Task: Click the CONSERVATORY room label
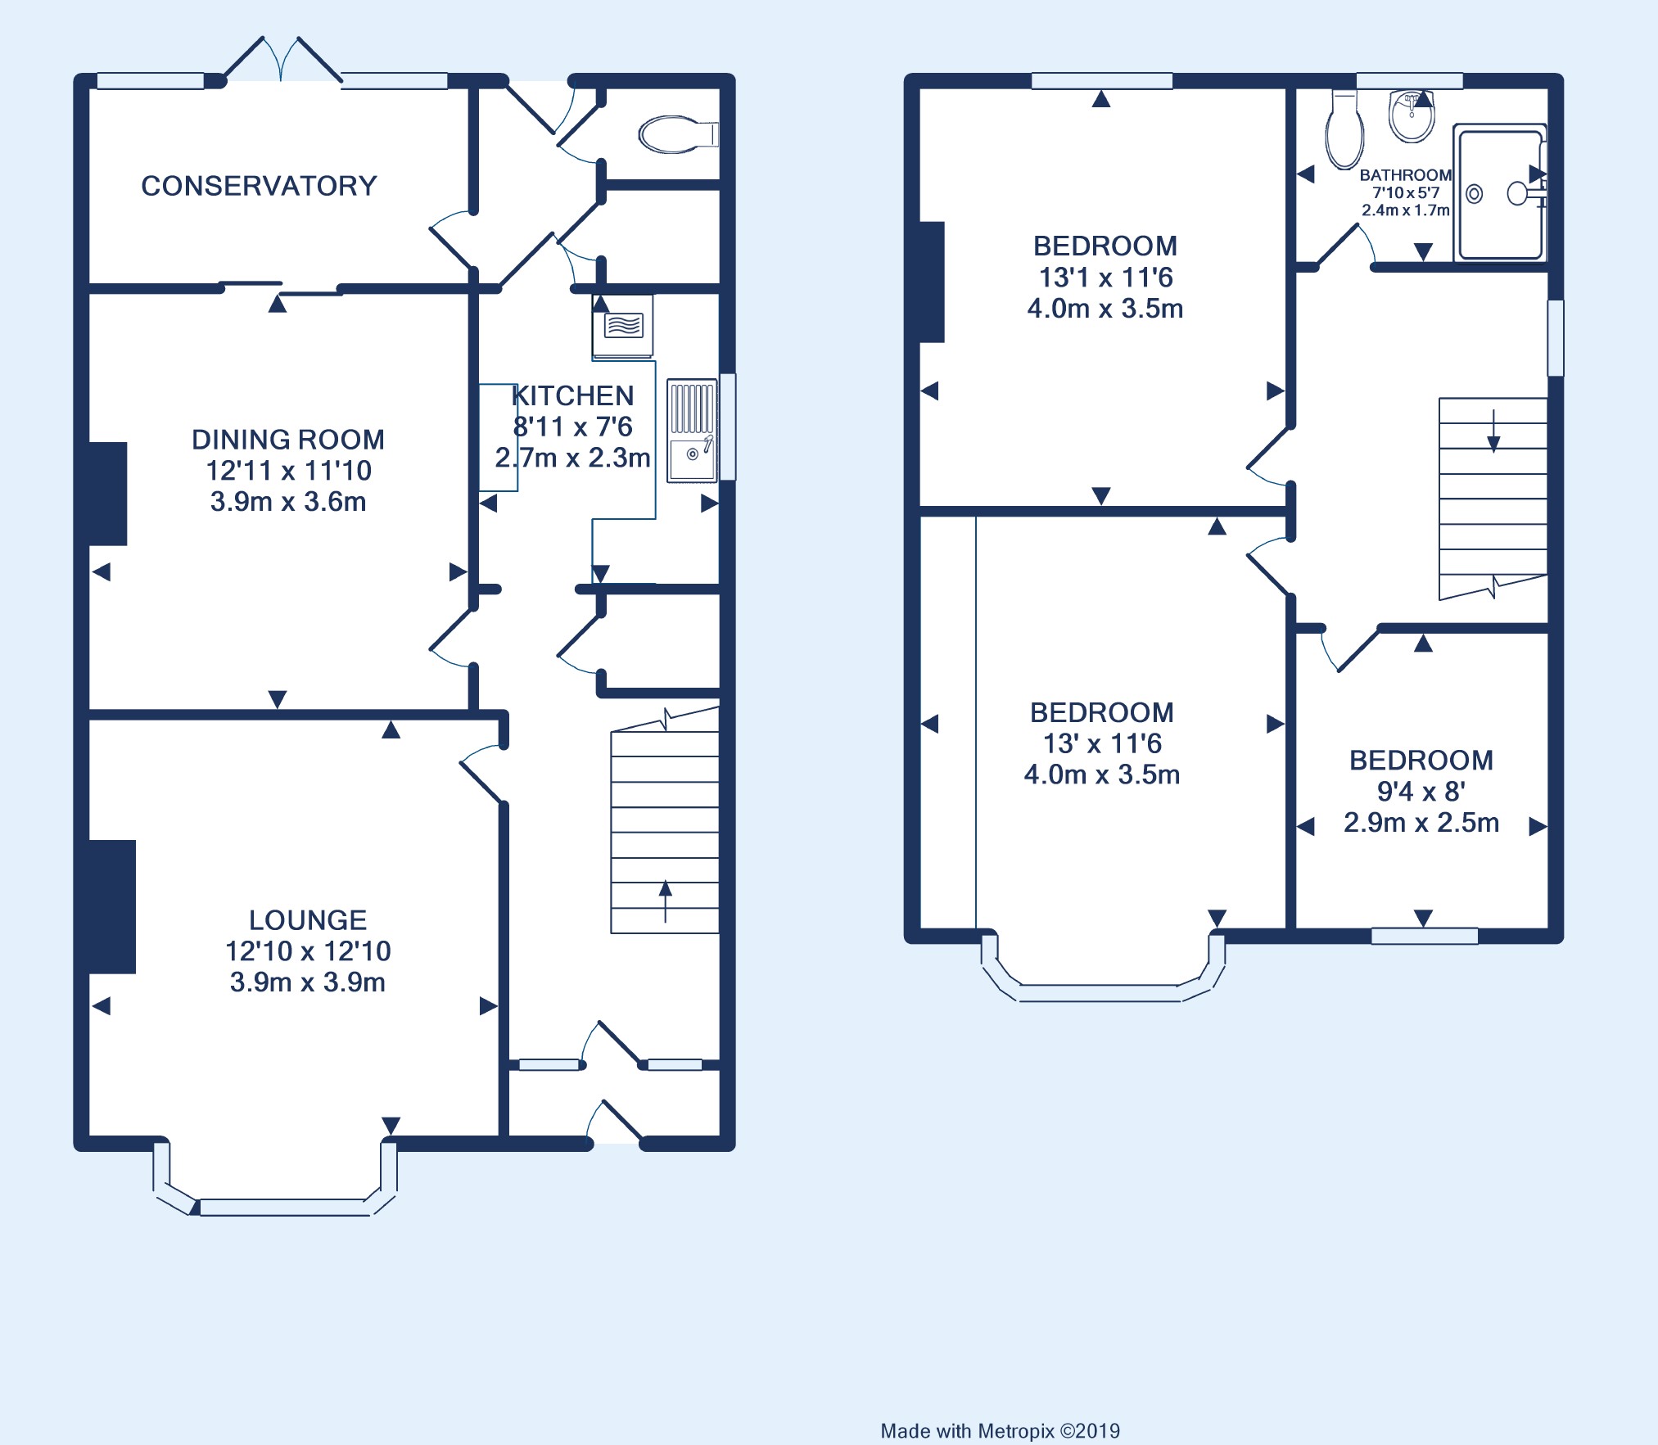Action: (x=259, y=186)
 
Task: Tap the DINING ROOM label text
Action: (x=288, y=440)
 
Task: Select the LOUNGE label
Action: (x=308, y=920)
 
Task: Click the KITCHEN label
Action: (x=572, y=396)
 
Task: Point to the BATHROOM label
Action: (x=1406, y=175)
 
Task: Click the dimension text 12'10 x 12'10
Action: (x=308, y=951)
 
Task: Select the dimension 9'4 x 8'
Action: (x=1421, y=792)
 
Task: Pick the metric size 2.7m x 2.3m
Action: (x=572, y=458)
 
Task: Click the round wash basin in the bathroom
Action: (x=1412, y=116)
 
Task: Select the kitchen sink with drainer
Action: (x=692, y=431)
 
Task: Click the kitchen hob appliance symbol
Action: (x=623, y=326)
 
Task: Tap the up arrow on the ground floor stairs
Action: (x=665, y=901)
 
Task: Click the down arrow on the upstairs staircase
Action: (x=1493, y=431)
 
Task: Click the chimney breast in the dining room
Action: (x=107, y=494)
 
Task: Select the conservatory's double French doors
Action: (x=282, y=59)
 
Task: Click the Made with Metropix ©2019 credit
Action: (x=1000, y=1431)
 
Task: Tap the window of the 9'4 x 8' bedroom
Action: (x=1425, y=936)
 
